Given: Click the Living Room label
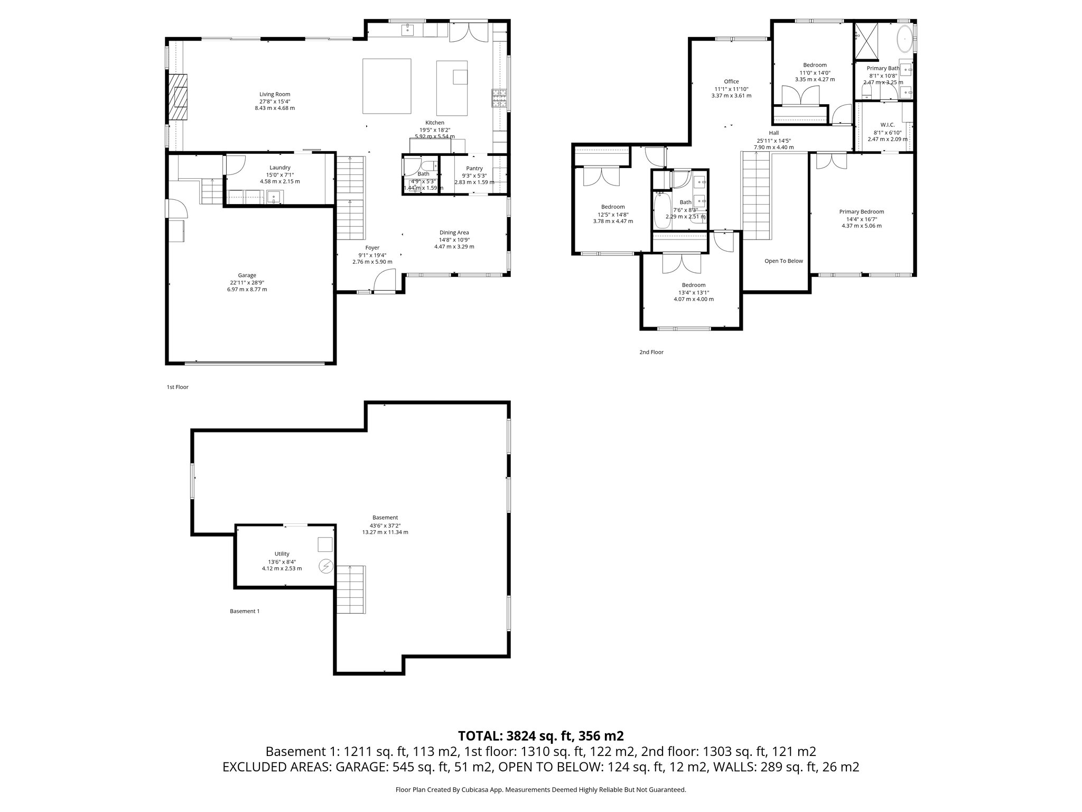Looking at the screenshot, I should pyautogui.click(x=275, y=94).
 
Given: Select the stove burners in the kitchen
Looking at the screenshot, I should pyautogui.click(x=499, y=98).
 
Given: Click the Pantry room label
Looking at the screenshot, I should pyautogui.click(x=474, y=168).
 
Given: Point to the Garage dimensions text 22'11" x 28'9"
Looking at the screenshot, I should pyautogui.click(x=247, y=282).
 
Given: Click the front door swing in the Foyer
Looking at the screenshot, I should pyautogui.click(x=385, y=280).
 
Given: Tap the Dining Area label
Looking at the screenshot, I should pyautogui.click(x=454, y=233).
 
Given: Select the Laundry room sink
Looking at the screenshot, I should pyautogui.click(x=274, y=197).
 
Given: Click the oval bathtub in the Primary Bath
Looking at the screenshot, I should pyautogui.click(x=904, y=39).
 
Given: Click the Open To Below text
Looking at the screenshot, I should pyautogui.click(x=783, y=261).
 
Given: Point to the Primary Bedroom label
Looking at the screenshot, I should pyautogui.click(x=861, y=211).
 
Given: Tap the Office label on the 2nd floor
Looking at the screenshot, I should pyautogui.click(x=731, y=81).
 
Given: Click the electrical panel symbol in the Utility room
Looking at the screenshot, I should pyautogui.click(x=326, y=567).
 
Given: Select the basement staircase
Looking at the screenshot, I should pyautogui.click(x=351, y=589).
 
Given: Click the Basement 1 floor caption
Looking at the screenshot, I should pyautogui.click(x=245, y=611).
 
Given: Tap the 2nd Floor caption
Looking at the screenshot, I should pyautogui.click(x=651, y=352).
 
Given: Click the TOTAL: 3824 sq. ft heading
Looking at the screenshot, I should pyautogui.click(x=540, y=735).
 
